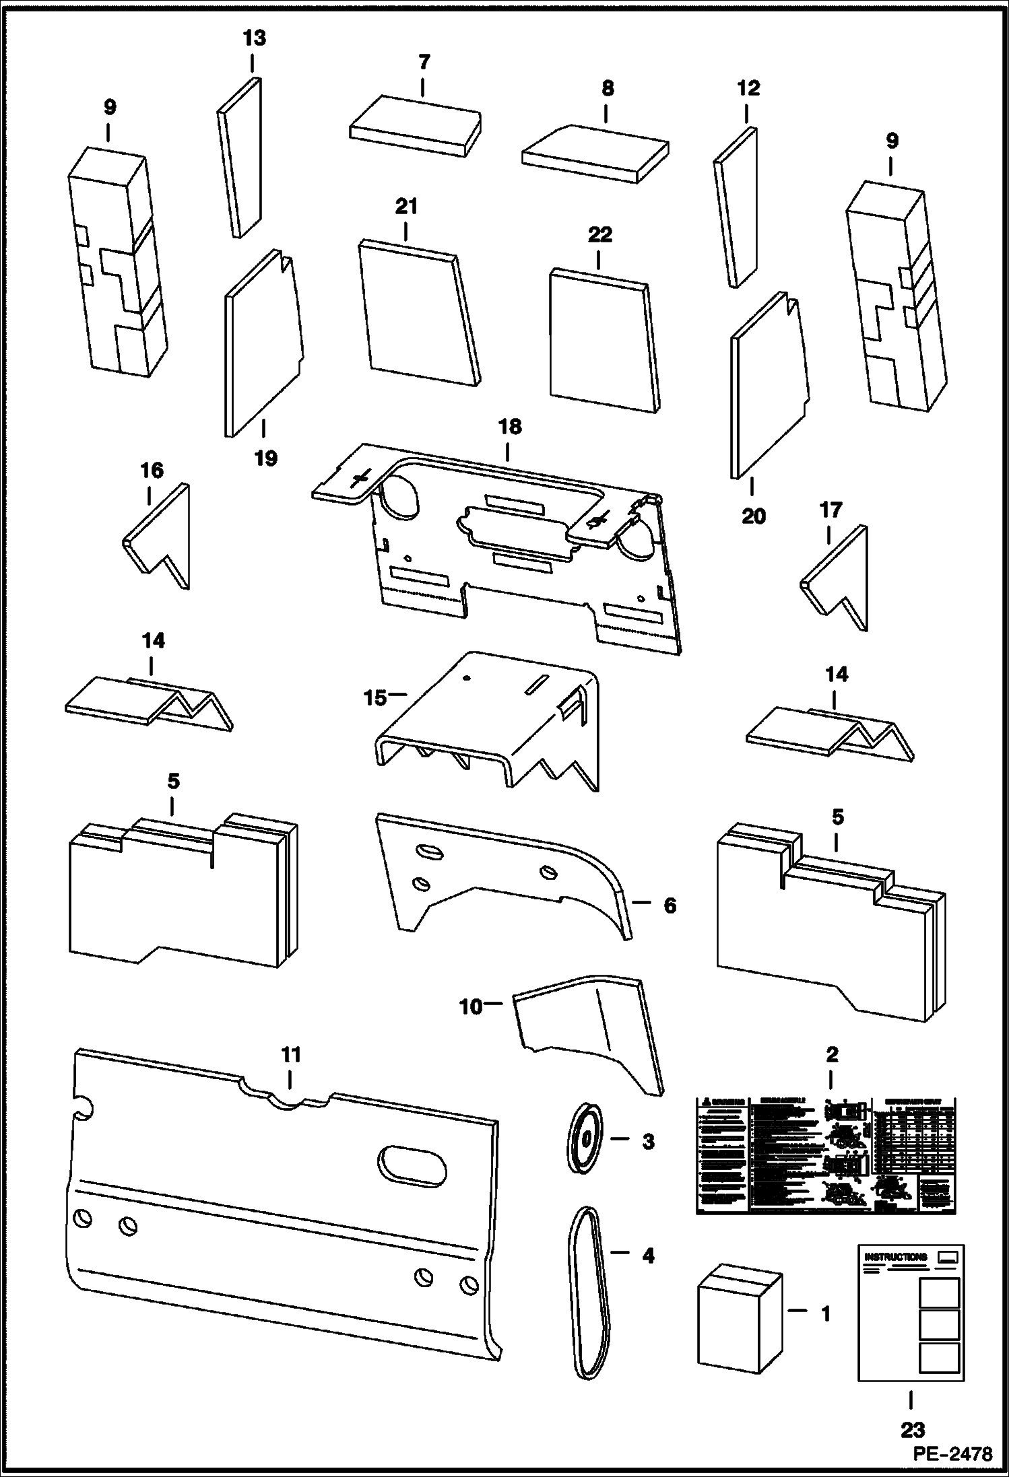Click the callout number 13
(x=254, y=38)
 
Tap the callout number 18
(x=510, y=427)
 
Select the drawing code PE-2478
(x=952, y=1454)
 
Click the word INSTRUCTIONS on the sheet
(x=895, y=1256)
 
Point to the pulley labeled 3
(x=584, y=1138)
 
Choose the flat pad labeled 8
(x=596, y=153)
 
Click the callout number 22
(x=600, y=235)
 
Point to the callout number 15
(x=375, y=697)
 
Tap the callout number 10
(x=471, y=1007)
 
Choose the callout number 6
(x=670, y=905)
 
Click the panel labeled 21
(x=418, y=313)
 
